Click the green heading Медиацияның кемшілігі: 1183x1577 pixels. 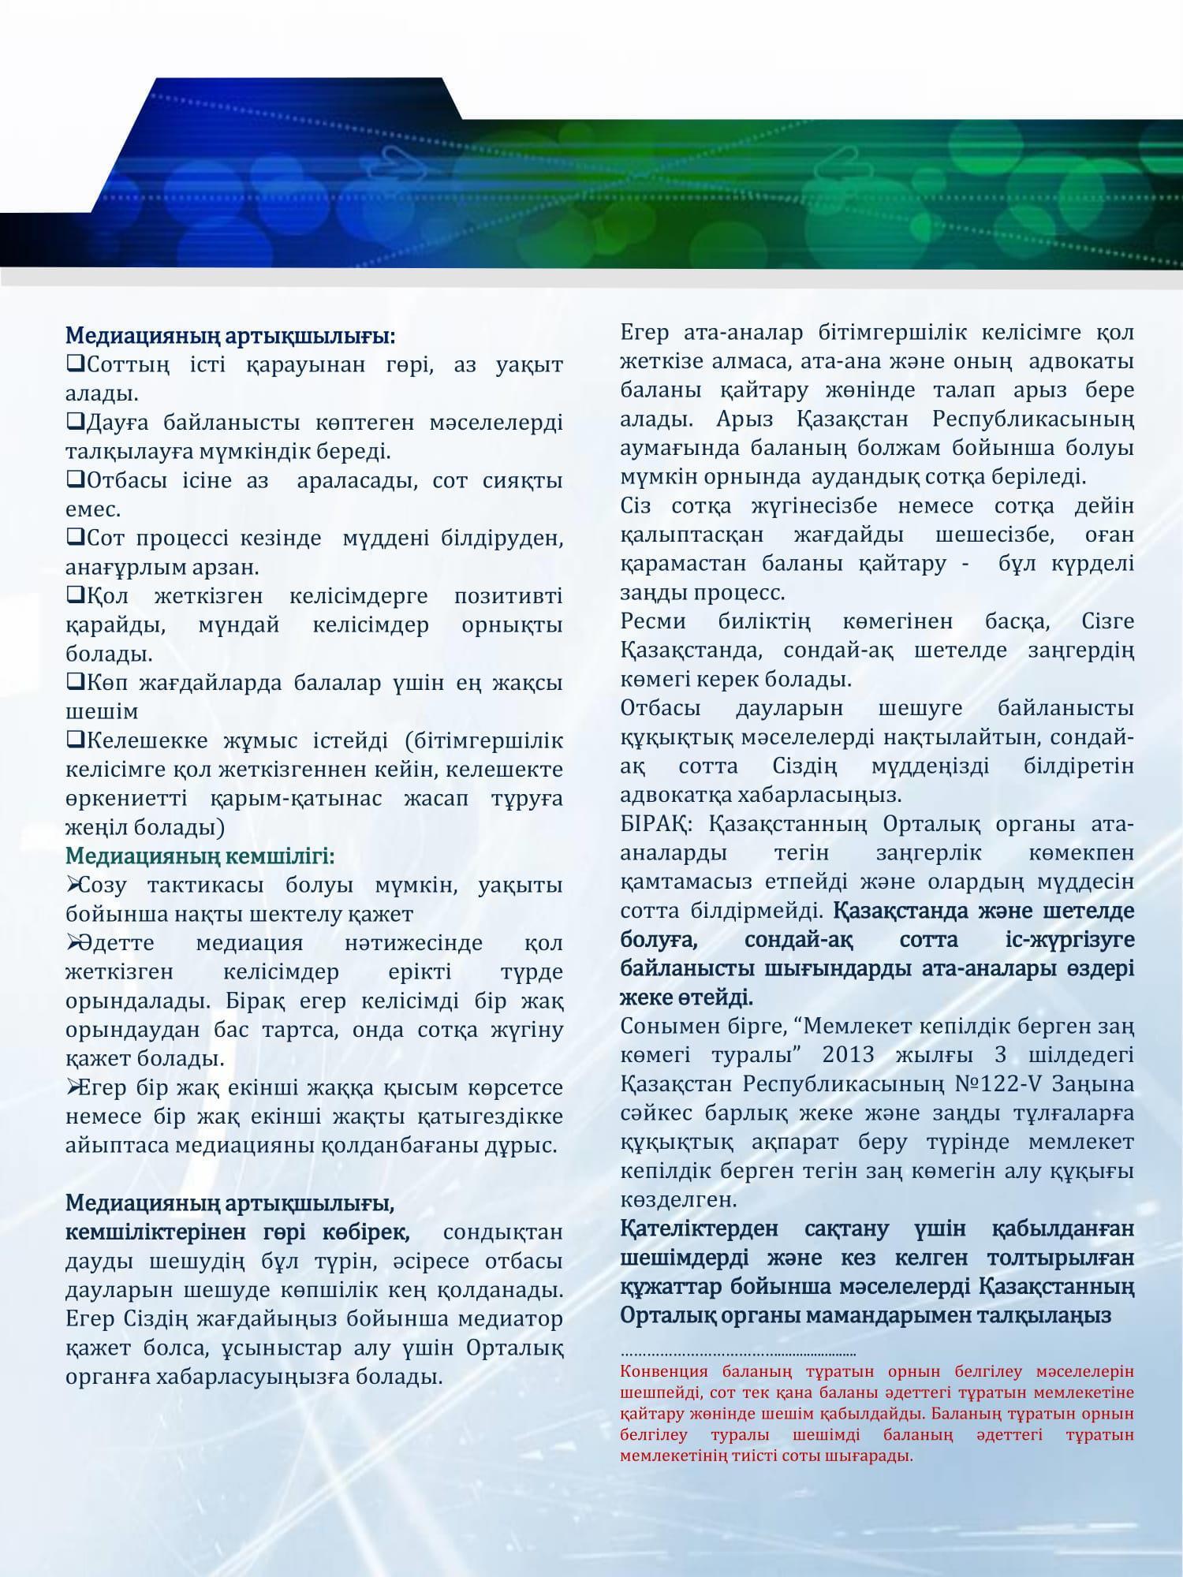[200, 856]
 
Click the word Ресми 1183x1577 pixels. [653, 621]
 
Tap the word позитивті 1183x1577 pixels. [508, 596]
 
